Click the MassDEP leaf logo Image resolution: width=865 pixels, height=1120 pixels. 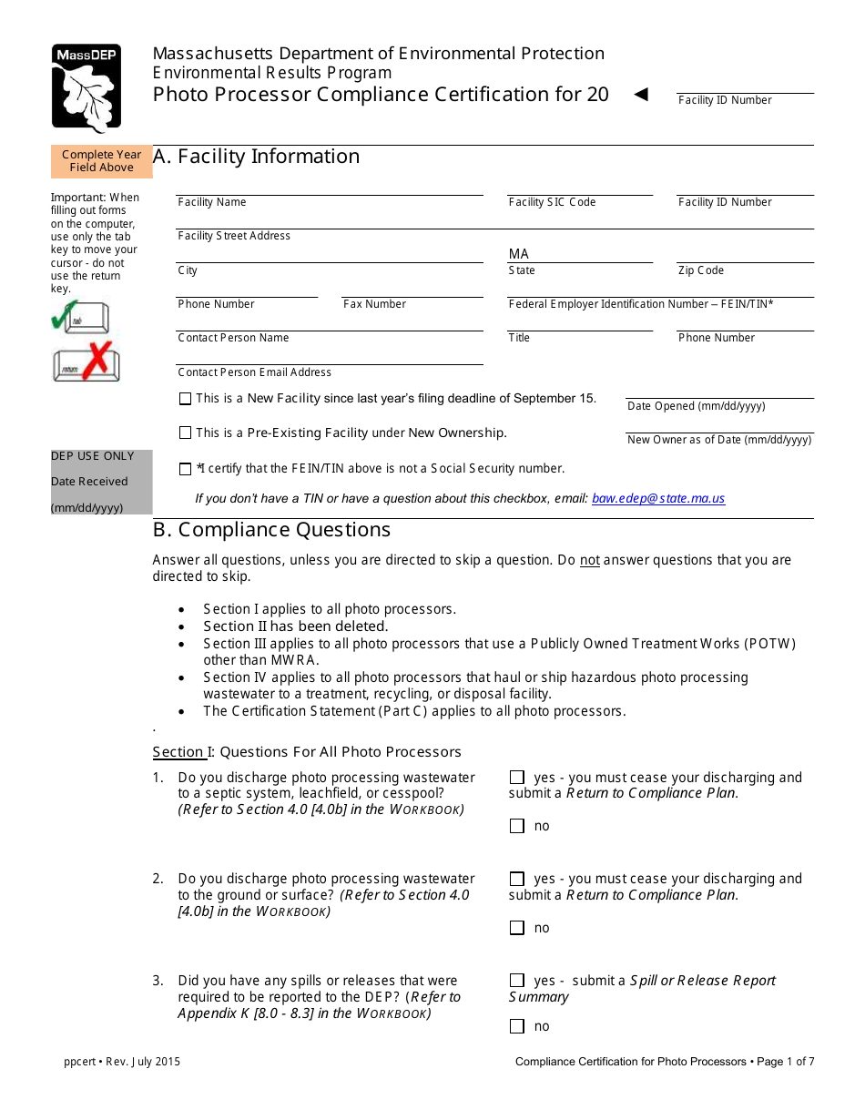point(86,88)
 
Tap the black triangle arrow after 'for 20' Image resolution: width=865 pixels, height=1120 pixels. point(641,94)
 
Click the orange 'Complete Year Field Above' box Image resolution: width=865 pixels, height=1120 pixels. point(102,161)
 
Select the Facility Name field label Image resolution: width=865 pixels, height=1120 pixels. point(212,202)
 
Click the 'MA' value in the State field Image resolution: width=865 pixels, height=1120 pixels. point(518,254)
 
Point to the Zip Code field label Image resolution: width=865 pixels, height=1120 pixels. point(701,270)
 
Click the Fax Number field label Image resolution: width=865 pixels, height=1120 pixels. point(374,304)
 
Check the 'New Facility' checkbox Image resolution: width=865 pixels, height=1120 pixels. point(186,399)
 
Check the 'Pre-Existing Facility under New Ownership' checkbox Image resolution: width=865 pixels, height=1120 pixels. point(186,433)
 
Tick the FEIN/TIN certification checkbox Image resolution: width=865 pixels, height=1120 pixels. point(186,469)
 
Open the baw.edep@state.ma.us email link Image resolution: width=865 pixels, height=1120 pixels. point(658,498)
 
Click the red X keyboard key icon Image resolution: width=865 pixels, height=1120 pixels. point(86,362)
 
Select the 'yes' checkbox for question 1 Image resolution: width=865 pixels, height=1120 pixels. point(517,778)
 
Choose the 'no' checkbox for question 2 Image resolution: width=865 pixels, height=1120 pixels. point(517,928)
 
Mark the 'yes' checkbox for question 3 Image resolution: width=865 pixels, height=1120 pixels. point(517,981)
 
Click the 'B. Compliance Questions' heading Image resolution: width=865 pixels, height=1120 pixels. point(271,530)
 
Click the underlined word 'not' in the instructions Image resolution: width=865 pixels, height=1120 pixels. point(590,560)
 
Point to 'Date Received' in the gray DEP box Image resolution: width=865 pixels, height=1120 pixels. point(89,482)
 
